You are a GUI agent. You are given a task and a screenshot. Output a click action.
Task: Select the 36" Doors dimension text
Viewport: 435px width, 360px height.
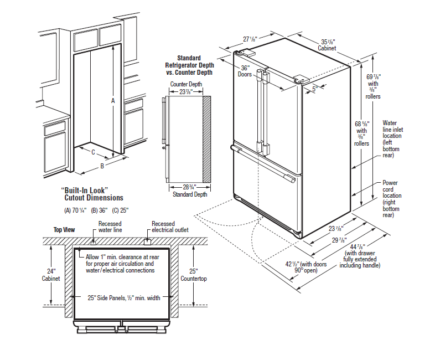point(244,70)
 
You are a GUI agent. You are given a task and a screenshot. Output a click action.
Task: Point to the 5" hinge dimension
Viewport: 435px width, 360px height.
point(315,88)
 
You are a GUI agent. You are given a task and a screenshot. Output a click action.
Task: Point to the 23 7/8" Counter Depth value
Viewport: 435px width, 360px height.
point(185,92)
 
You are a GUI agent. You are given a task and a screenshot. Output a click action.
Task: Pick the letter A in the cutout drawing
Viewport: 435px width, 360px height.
point(113,101)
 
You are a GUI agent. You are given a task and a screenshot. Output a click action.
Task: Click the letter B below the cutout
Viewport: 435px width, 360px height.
point(102,166)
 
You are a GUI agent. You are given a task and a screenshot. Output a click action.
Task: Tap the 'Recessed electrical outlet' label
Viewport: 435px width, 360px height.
point(170,227)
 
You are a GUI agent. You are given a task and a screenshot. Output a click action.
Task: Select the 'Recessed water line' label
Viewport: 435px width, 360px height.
point(110,227)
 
